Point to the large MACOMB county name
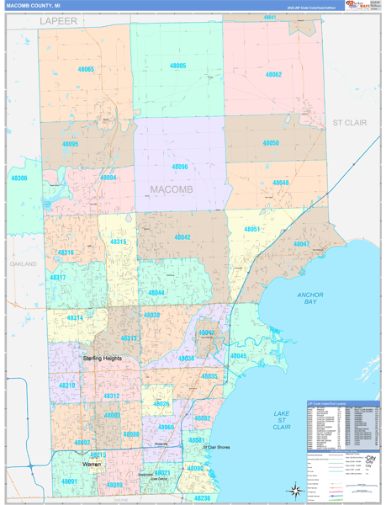tap(172, 189)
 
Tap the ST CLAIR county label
tap(351, 123)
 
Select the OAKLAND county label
tap(24, 264)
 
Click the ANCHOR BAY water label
tap(310, 299)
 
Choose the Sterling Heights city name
tap(102, 359)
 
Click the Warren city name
tap(93, 464)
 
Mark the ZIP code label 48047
tap(301, 244)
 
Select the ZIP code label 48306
tap(19, 178)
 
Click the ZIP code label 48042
tap(182, 237)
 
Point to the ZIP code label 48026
tap(161, 405)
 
